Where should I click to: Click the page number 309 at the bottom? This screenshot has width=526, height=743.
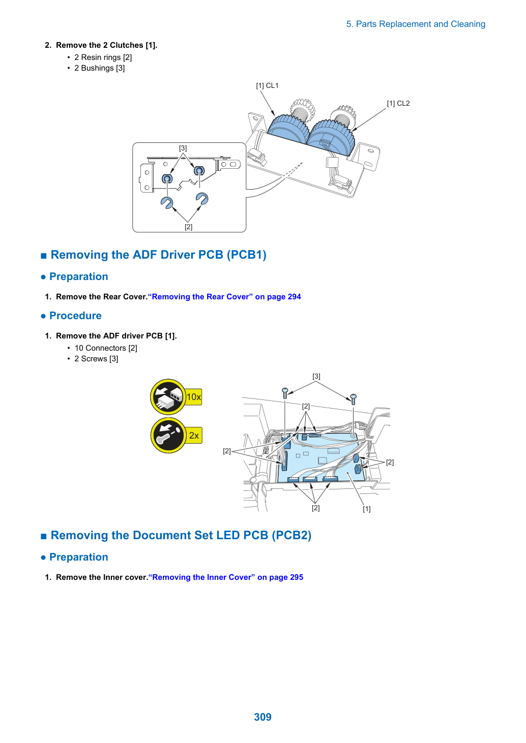click(262, 717)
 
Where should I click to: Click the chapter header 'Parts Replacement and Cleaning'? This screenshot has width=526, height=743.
click(420, 24)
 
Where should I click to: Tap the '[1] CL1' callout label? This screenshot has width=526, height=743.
click(267, 85)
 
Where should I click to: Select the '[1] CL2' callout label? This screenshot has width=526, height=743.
click(398, 104)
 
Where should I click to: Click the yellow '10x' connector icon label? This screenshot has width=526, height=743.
click(194, 397)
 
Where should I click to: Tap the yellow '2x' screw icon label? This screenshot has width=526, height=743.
click(194, 435)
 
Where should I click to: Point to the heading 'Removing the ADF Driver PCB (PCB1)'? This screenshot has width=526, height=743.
click(158, 255)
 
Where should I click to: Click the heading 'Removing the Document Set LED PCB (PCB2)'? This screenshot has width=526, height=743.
click(181, 535)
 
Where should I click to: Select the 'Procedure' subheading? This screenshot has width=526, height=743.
click(75, 316)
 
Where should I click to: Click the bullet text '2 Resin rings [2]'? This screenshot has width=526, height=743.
click(103, 57)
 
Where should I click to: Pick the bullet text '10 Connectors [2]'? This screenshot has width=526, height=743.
click(106, 348)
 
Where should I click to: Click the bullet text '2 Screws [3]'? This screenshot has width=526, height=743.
click(96, 359)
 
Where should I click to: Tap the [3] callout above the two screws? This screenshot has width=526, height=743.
click(316, 377)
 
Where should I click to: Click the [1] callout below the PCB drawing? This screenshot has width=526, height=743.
click(367, 509)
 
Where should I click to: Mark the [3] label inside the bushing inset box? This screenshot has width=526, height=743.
click(183, 148)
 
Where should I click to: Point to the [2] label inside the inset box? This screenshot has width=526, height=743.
click(188, 227)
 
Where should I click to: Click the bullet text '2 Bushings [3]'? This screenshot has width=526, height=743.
click(100, 68)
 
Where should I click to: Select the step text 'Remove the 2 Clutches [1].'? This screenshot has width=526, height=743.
click(107, 45)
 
